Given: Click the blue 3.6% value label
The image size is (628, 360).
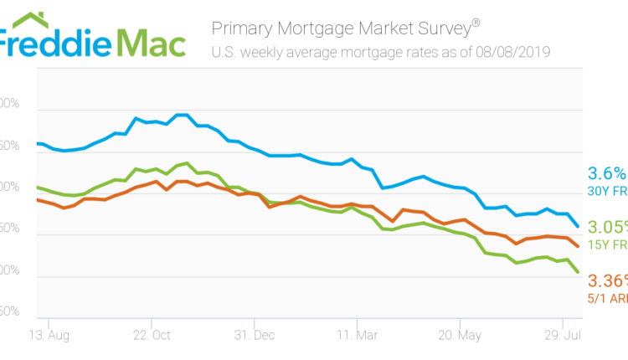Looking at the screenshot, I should pyautogui.click(x=607, y=173).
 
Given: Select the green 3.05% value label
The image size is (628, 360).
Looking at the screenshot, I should pyautogui.click(x=607, y=228).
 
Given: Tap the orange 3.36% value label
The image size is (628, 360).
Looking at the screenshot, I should pyautogui.click(x=607, y=280).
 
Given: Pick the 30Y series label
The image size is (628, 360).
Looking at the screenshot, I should pyautogui.click(x=606, y=192).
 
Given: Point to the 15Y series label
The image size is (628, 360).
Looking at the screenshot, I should pyautogui.click(x=606, y=244).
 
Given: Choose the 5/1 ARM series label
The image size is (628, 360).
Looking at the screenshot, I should pyautogui.click(x=606, y=297).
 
